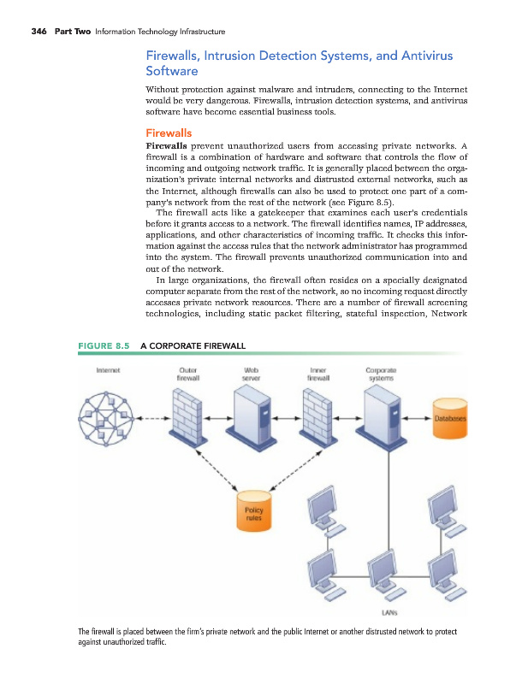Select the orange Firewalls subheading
tap(169, 133)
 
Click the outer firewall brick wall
tap(191, 418)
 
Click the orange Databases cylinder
tap(450, 419)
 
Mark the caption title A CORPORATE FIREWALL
tap(193, 345)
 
